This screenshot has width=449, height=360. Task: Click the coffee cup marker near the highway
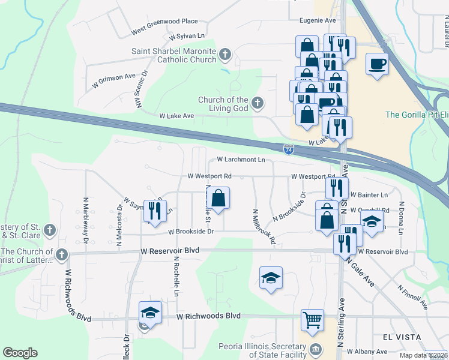tap(377, 64)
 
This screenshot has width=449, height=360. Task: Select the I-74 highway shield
tap(289, 148)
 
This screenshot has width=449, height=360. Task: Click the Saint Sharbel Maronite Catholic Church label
tap(174, 55)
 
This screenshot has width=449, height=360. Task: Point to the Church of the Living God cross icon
tap(258, 103)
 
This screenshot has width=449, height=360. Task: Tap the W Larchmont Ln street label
tap(241, 160)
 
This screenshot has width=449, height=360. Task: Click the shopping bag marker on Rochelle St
tap(219, 198)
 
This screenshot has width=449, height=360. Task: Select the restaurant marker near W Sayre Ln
tap(156, 210)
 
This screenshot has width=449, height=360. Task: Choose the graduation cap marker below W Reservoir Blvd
tap(271, 278)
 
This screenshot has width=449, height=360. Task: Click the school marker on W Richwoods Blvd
tap(150, 313)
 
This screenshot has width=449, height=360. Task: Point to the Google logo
tap(20, 353)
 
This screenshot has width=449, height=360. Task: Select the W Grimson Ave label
tap(114, 77)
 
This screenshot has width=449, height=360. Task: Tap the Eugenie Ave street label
tap(318, 20)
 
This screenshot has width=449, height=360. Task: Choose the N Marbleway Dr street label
tap(86, 212)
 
